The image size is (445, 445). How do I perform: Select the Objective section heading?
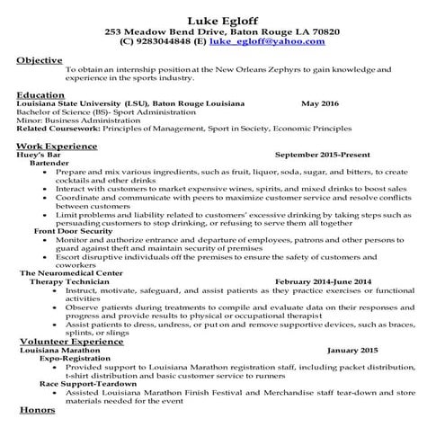[40, 59]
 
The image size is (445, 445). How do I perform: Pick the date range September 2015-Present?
[325, 154]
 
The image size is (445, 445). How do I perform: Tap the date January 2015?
[352, 350]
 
